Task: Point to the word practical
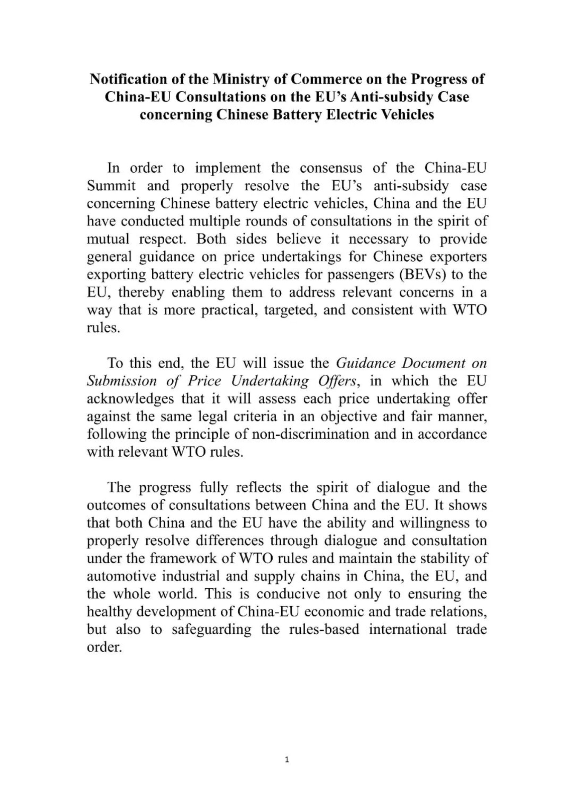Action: click(x=228, y=310)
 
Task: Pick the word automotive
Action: click(x=117, y=576)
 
